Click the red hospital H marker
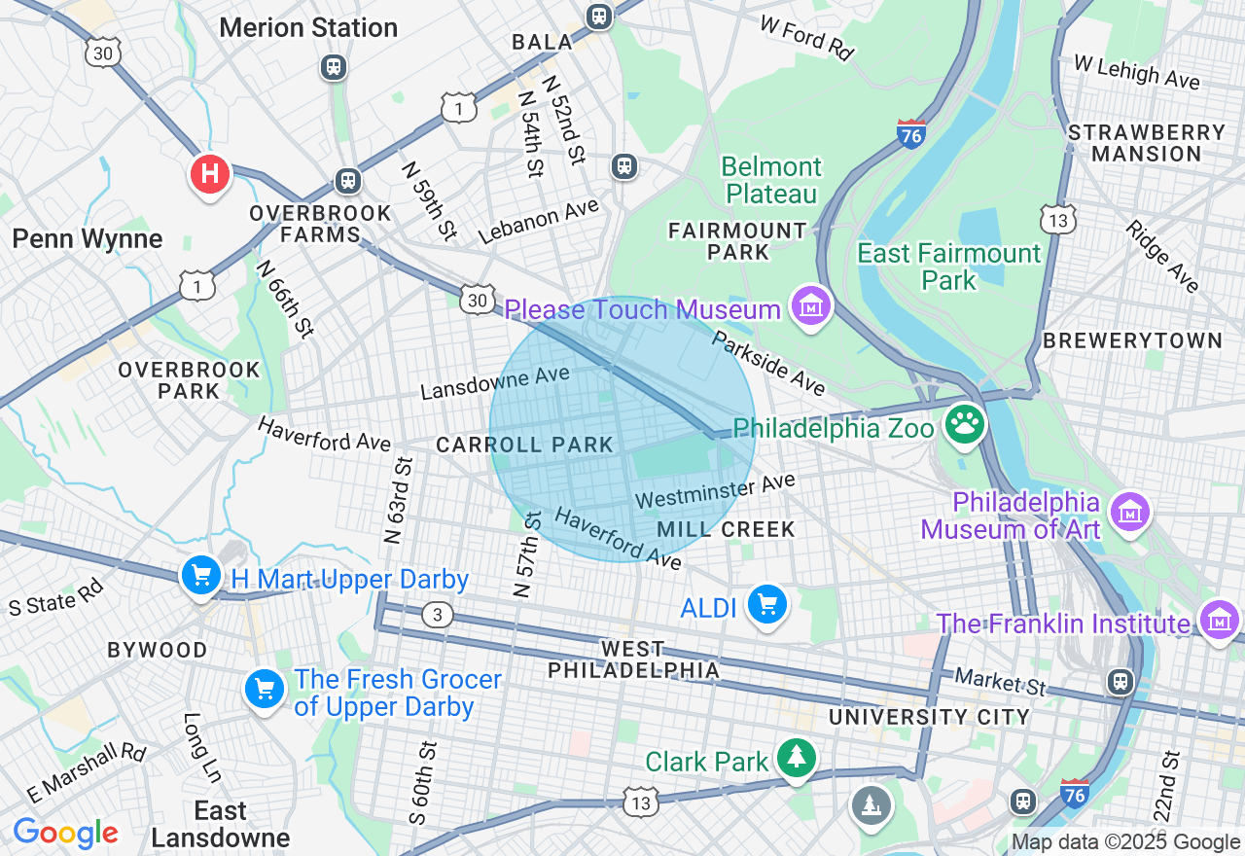[x=209, y=175]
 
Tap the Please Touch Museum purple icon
[x=810, y=307]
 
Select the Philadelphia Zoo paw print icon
[x=964, y=424]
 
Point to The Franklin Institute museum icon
[x=1220, y=620]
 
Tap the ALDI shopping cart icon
[x=767, y=605]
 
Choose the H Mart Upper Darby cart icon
[x=201, y=576]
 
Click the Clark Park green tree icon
[x=797, y=759]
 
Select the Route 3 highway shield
[x=438, y=615]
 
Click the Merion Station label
[x=308, y=27]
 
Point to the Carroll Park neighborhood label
[x=525, y=446]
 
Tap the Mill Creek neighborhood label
[x=726, y=529]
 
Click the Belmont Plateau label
[x=772, y=181]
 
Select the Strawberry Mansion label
[x=1147, y=143]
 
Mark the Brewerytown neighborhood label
[x=1132, y=340]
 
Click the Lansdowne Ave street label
[x=495, y=383]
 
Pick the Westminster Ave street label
[x=715, y=491]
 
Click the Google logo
[x=65, y=833]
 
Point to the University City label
[x=929, y=718]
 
